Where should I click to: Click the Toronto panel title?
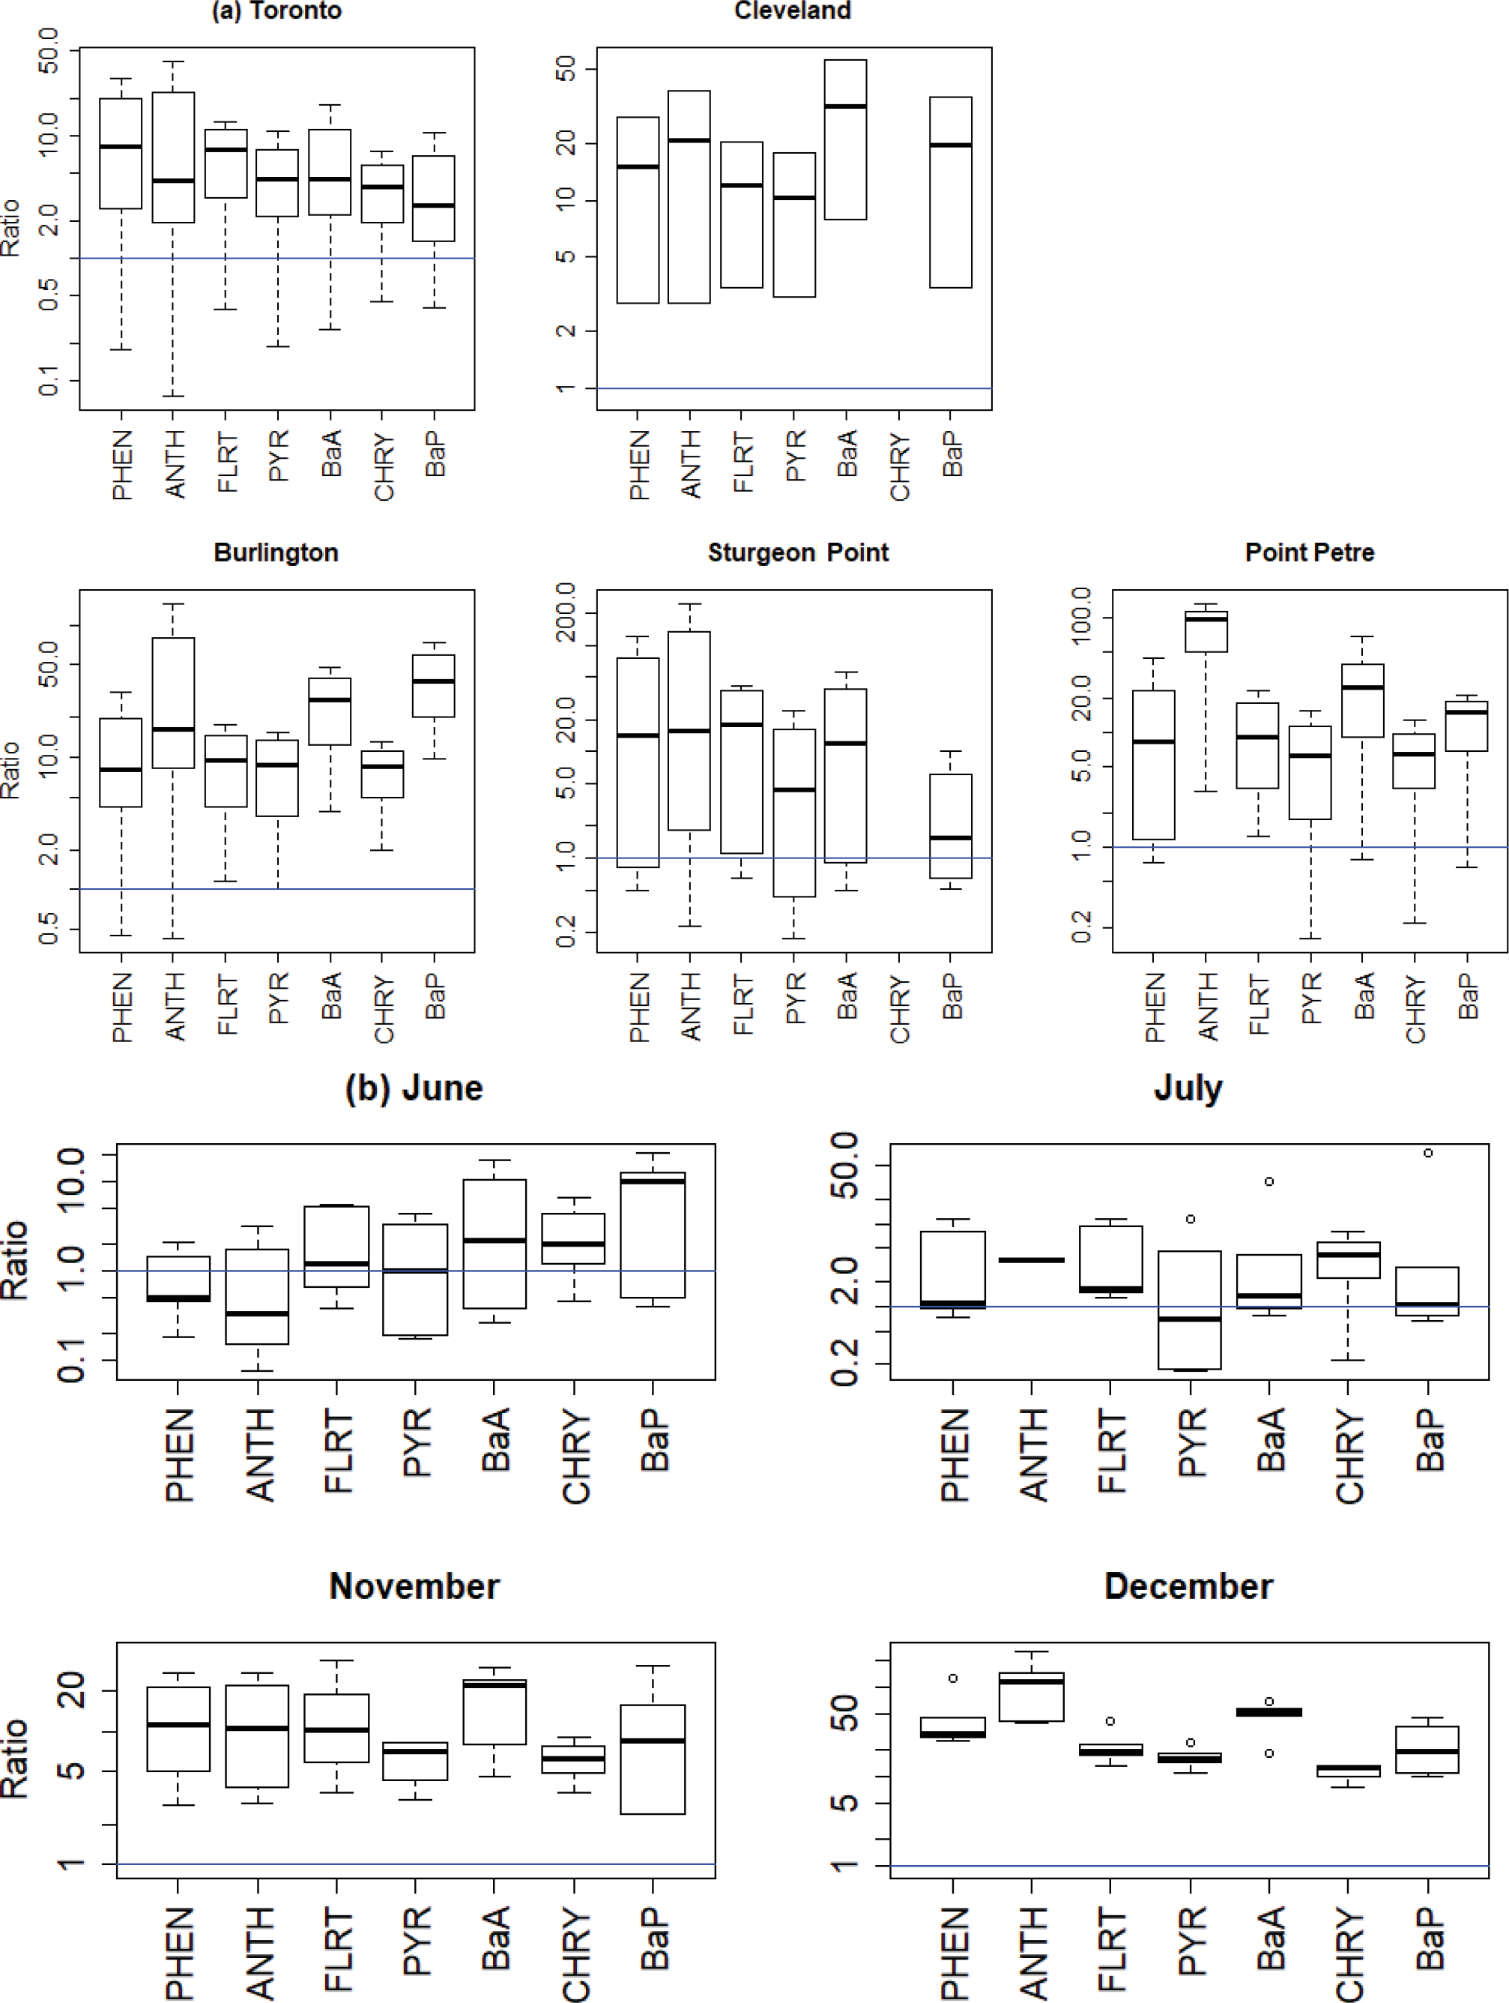pyautogui.click(x=276, y=10)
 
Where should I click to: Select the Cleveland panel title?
pyautogui.click(x=792, y=10)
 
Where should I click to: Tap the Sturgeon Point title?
pyautogui.click(x=797, y=552)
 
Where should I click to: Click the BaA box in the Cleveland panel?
pyautogui.click(x=844, y=140)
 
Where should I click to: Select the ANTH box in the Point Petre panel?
pyautogui.click(x=1206, y=632)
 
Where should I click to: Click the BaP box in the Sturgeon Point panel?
pyautogui.click(x=951, y=826)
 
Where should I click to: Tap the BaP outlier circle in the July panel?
pyautogui.click(x=1427, y=1153)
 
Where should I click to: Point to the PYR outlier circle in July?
pyautogui.click(x=1191, y=1219)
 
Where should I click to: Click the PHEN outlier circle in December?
pyautogui.click(x=953, y=1678)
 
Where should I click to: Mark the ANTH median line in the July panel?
pyautogui.click(x=1031, y=1259)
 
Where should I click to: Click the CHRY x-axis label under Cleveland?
pyautogui.click(x=900, y=466)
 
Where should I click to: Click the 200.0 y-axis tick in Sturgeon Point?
pyautogui.click(x=565, y=612)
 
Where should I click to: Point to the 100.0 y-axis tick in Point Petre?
pyautogui.click(x=1081, y=615)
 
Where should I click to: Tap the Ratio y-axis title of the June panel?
pyautogui.click(x=16, y=1260)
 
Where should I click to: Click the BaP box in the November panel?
pyautogui.click(x=653, y=1759)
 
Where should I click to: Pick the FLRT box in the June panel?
pyautogui.click(x=336, y=1246)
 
